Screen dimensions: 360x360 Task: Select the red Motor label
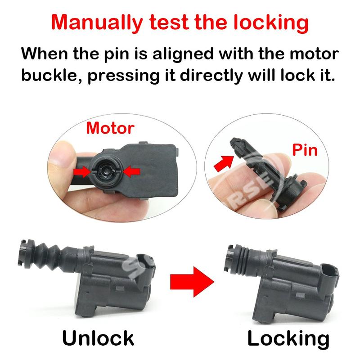tap(110, 128)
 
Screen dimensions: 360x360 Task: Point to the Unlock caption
tap(98, 338)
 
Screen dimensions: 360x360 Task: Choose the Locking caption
tap(288, 338)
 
